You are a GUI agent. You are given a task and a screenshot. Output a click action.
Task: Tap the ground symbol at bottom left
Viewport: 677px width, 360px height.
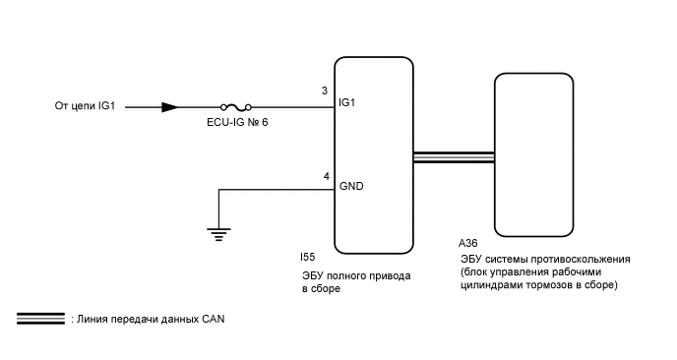[215, 232]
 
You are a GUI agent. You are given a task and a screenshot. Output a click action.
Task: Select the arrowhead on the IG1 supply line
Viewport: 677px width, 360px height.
[169, 106]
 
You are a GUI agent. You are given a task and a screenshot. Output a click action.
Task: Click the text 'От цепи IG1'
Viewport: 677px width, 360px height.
[86, 106]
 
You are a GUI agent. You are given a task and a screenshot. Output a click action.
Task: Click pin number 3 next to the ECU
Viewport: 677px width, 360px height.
[325, 91]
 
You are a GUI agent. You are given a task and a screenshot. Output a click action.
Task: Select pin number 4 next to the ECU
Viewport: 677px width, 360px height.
[326, 177]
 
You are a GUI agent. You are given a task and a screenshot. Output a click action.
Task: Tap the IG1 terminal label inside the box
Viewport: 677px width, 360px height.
[346, 102]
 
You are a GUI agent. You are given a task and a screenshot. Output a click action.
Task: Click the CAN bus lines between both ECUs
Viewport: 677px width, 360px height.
[454, 157]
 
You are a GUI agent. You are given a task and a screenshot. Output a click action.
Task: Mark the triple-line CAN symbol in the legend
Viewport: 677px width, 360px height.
[39, 320]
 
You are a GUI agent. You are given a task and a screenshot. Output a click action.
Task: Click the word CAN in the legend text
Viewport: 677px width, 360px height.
[215, 320]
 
